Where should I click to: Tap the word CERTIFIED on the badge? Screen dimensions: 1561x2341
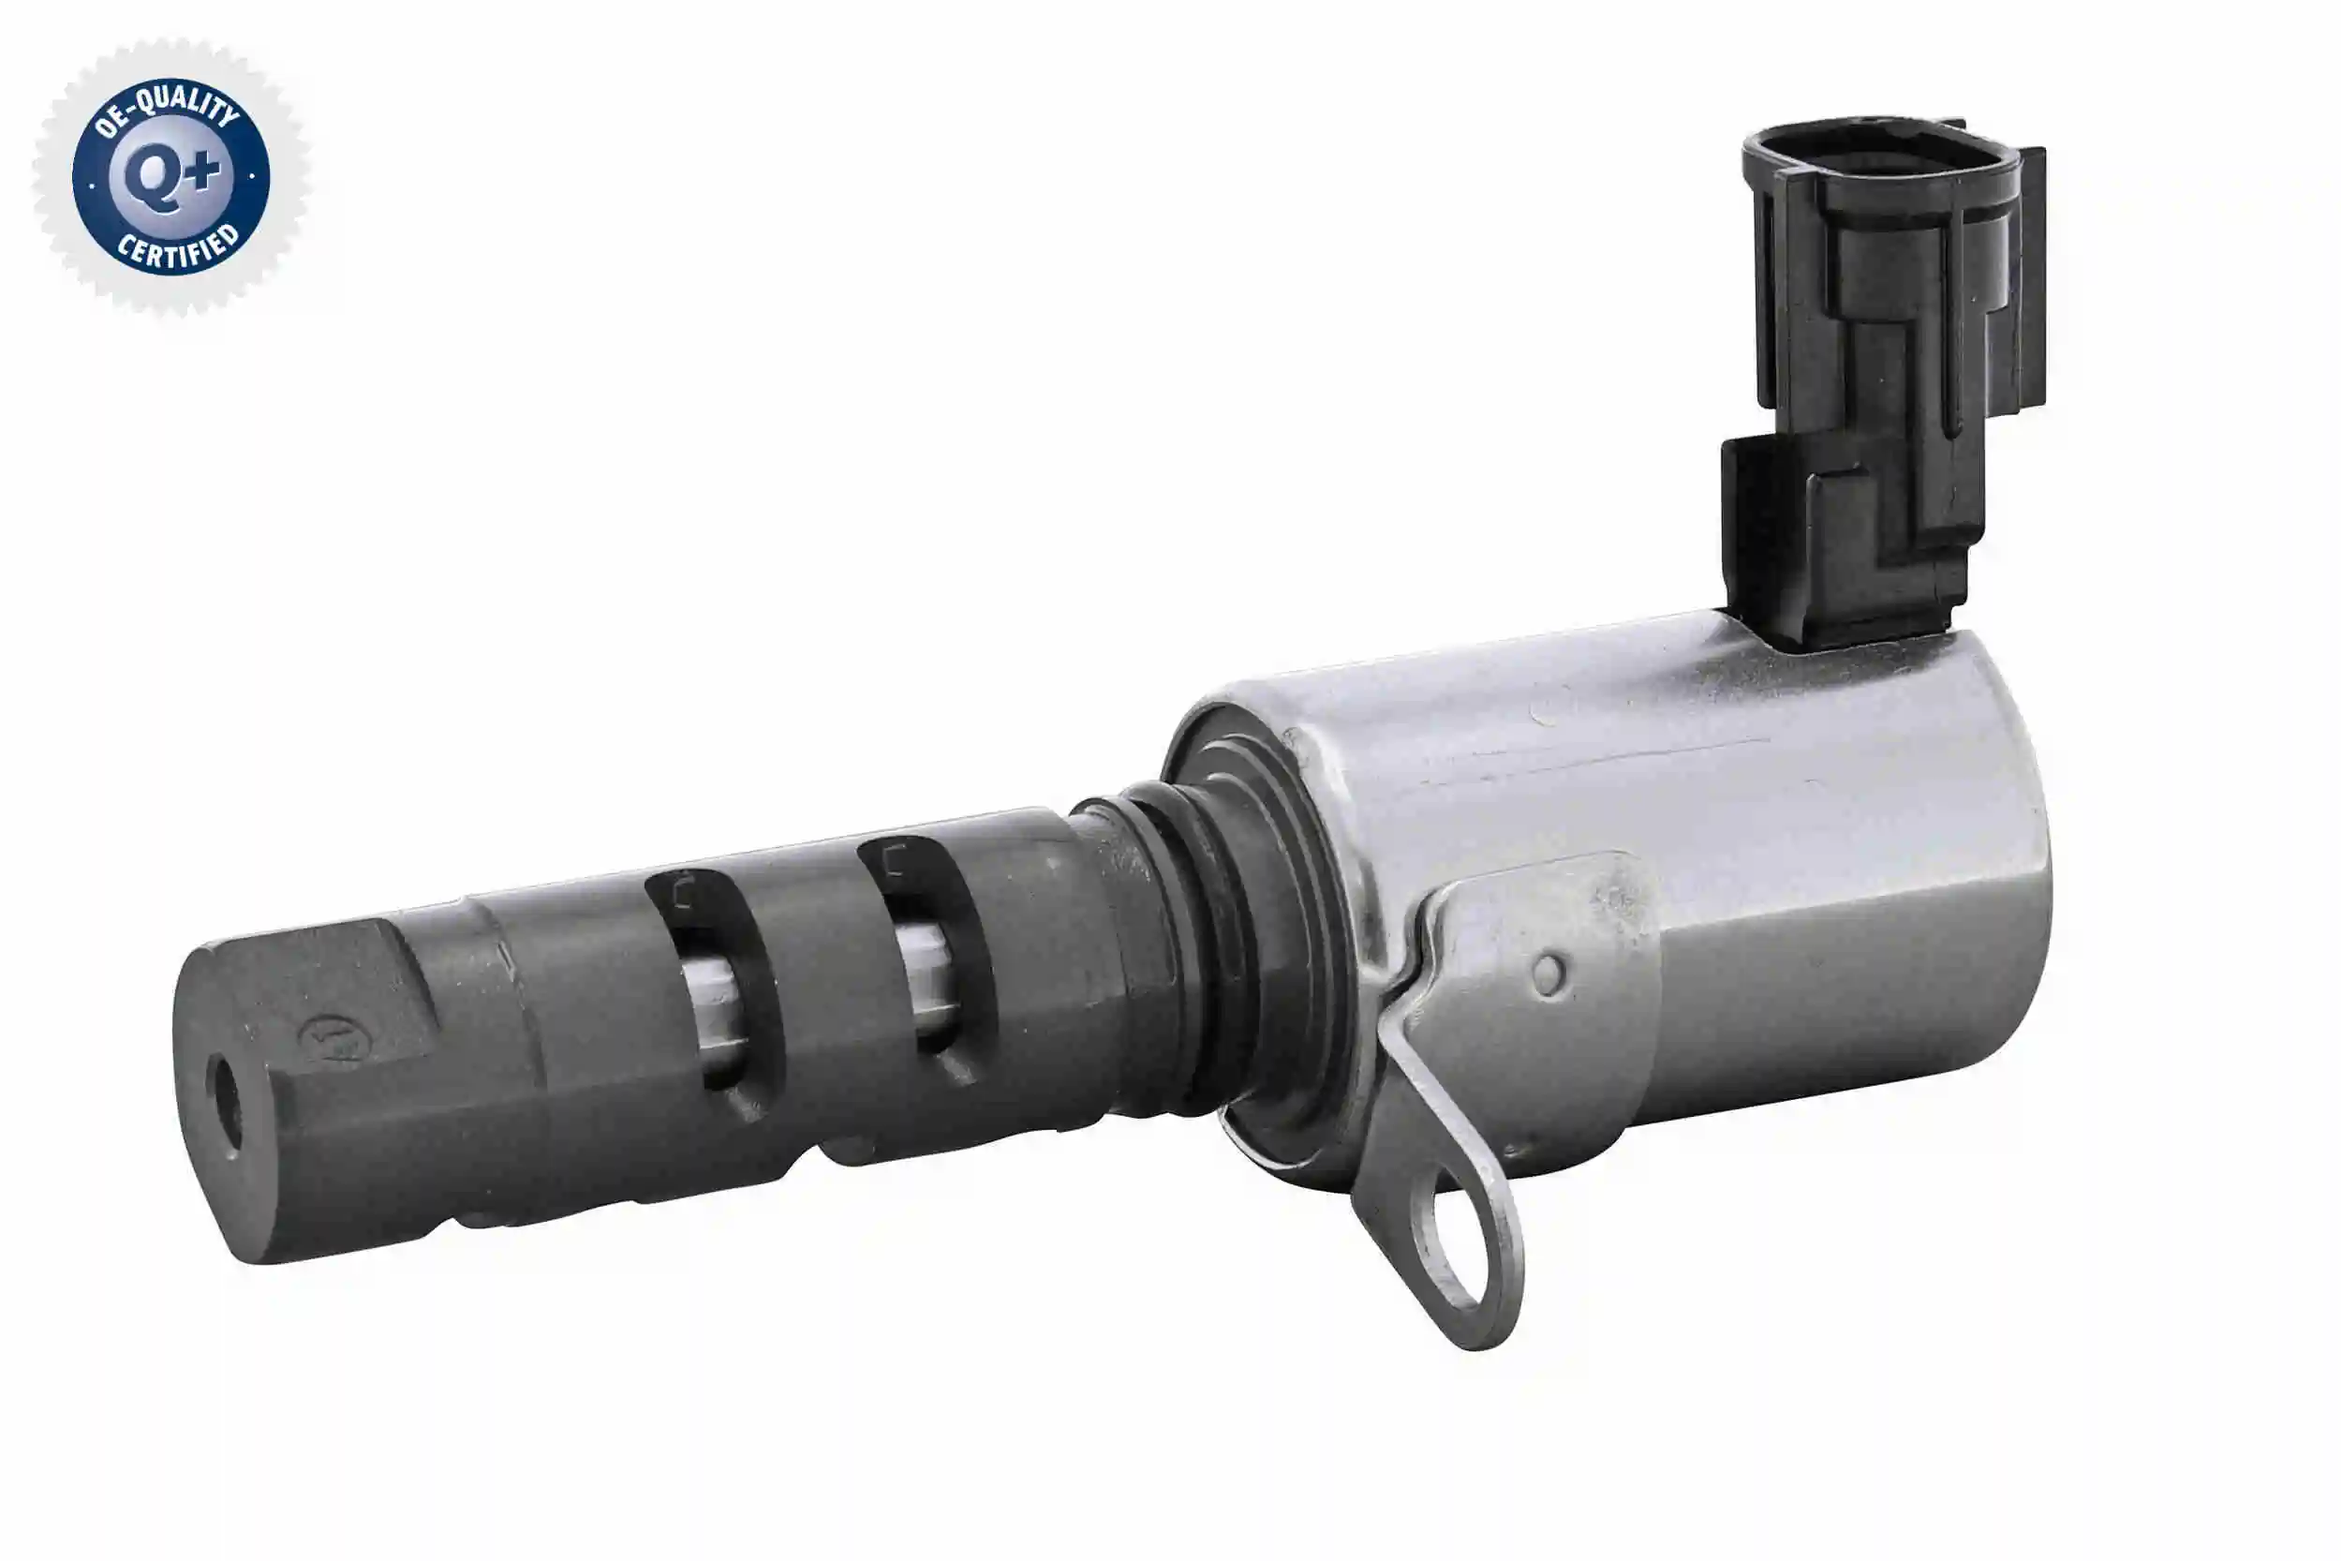pyautogui.click(x=179, y=249)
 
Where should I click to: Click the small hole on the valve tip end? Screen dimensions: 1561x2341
pyautogui.click(x=228, y=1106)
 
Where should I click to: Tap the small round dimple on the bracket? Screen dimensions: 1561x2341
pyautogui.click(x=1548, y=974)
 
